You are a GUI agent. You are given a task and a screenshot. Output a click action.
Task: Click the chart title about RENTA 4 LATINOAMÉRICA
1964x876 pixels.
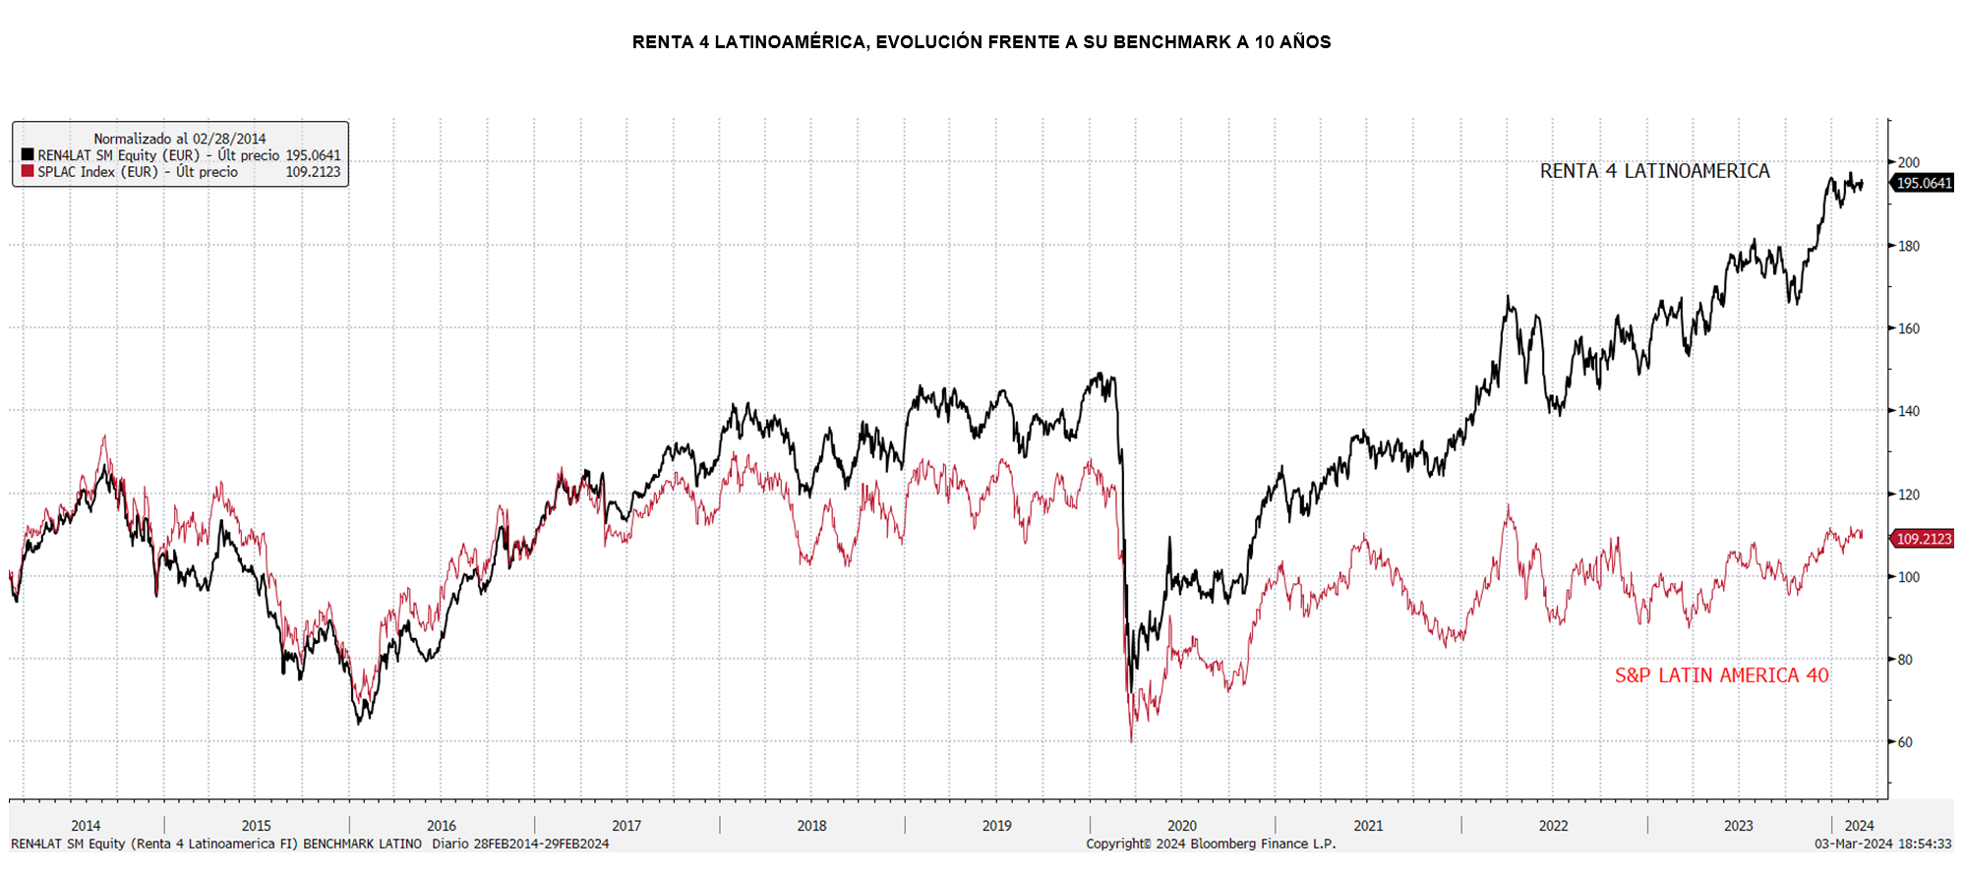981,42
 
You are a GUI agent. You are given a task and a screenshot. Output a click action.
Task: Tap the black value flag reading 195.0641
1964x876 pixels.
1923,183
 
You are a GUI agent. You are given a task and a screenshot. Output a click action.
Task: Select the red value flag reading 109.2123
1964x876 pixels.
1923,539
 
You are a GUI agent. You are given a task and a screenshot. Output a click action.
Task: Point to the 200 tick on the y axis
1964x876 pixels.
1908,163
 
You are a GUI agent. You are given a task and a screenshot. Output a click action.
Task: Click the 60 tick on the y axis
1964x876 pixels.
1905,742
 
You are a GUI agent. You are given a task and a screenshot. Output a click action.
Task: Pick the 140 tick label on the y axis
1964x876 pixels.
1908,412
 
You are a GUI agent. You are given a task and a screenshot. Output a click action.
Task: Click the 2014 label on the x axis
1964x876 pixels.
86,826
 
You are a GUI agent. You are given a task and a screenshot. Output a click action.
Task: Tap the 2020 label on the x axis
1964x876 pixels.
1181,826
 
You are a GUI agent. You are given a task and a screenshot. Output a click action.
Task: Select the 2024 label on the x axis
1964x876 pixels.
1859,826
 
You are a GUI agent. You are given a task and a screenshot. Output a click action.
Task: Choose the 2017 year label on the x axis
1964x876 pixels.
626,826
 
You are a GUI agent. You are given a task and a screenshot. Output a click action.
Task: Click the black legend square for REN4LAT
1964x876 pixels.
28,155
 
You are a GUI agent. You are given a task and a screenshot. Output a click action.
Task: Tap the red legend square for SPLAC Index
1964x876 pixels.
28,171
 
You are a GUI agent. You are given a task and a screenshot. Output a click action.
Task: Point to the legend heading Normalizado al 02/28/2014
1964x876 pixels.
180,139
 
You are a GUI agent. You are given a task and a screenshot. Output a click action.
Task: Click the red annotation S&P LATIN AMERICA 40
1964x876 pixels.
1721,675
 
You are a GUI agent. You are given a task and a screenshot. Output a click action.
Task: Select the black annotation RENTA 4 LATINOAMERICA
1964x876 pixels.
1654,171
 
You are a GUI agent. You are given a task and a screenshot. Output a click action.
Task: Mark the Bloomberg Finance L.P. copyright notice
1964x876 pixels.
1211,844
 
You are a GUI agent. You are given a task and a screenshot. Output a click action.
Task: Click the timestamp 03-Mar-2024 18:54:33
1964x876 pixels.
1882,844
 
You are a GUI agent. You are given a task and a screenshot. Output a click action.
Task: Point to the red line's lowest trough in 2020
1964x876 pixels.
1131,739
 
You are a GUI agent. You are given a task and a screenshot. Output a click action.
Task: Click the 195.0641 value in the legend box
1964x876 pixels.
313,155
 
